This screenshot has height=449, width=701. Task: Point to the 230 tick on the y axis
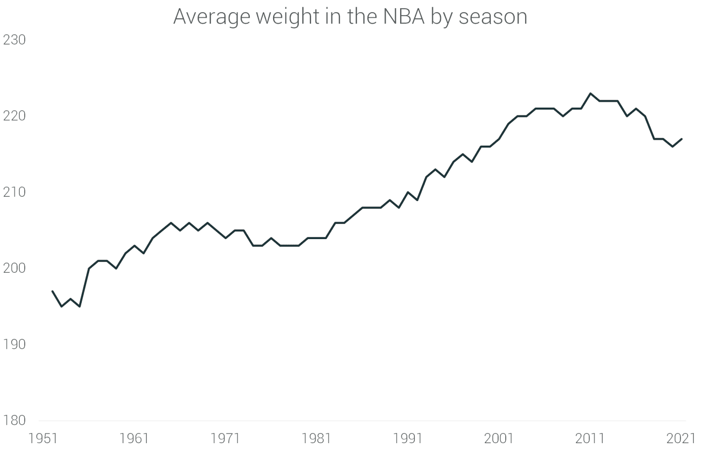click(x=15, y=40)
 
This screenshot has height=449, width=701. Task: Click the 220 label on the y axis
click(x=15, y=116)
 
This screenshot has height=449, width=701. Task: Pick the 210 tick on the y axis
click(x=15, y=192)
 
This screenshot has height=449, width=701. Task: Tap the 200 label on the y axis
click(x=15, y=268)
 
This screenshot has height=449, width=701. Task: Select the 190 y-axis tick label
click(x=15, y=344)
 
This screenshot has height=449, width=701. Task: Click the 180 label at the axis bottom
click(x=15, y=420)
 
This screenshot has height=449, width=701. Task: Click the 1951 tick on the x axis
click(x=43, y=438)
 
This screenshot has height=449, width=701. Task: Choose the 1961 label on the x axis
click(x=134, y=438)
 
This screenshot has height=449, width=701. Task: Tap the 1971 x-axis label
click(x=225, y=438)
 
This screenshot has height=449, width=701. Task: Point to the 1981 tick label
click(x=316, y=438)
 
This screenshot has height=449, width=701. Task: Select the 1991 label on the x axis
click(x=407, y=438)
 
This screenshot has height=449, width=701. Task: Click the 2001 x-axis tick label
click(x=499, y=438)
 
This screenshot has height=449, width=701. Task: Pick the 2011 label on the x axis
click(x=590, y=438)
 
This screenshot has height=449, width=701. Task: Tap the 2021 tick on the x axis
click(x=681, y=438)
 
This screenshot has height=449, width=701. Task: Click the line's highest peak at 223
click(x=590, y=93)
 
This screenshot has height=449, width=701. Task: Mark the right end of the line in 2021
click(x=682, y=139)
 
